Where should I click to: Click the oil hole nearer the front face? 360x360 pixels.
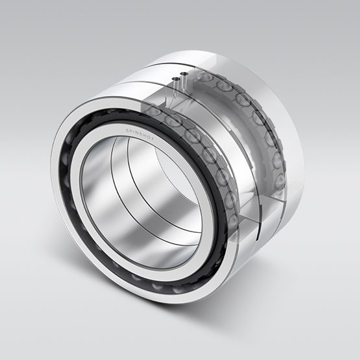[x=175, y=80]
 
